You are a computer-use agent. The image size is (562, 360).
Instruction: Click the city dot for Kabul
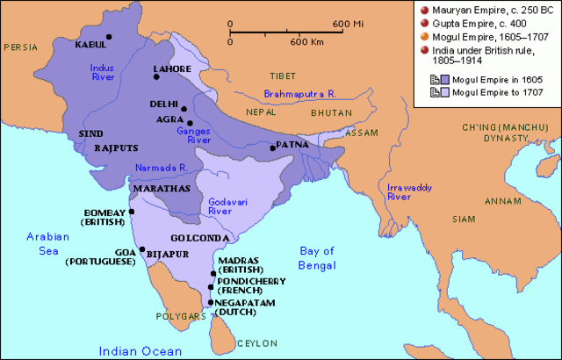coord(109,37)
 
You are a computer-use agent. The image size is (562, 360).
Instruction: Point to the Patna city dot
coord(274,148)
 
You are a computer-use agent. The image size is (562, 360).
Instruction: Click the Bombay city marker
coord(132,212)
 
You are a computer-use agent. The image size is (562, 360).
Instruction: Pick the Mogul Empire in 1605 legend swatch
coord(434,80)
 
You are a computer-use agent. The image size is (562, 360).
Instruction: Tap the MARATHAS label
coord(160,188)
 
